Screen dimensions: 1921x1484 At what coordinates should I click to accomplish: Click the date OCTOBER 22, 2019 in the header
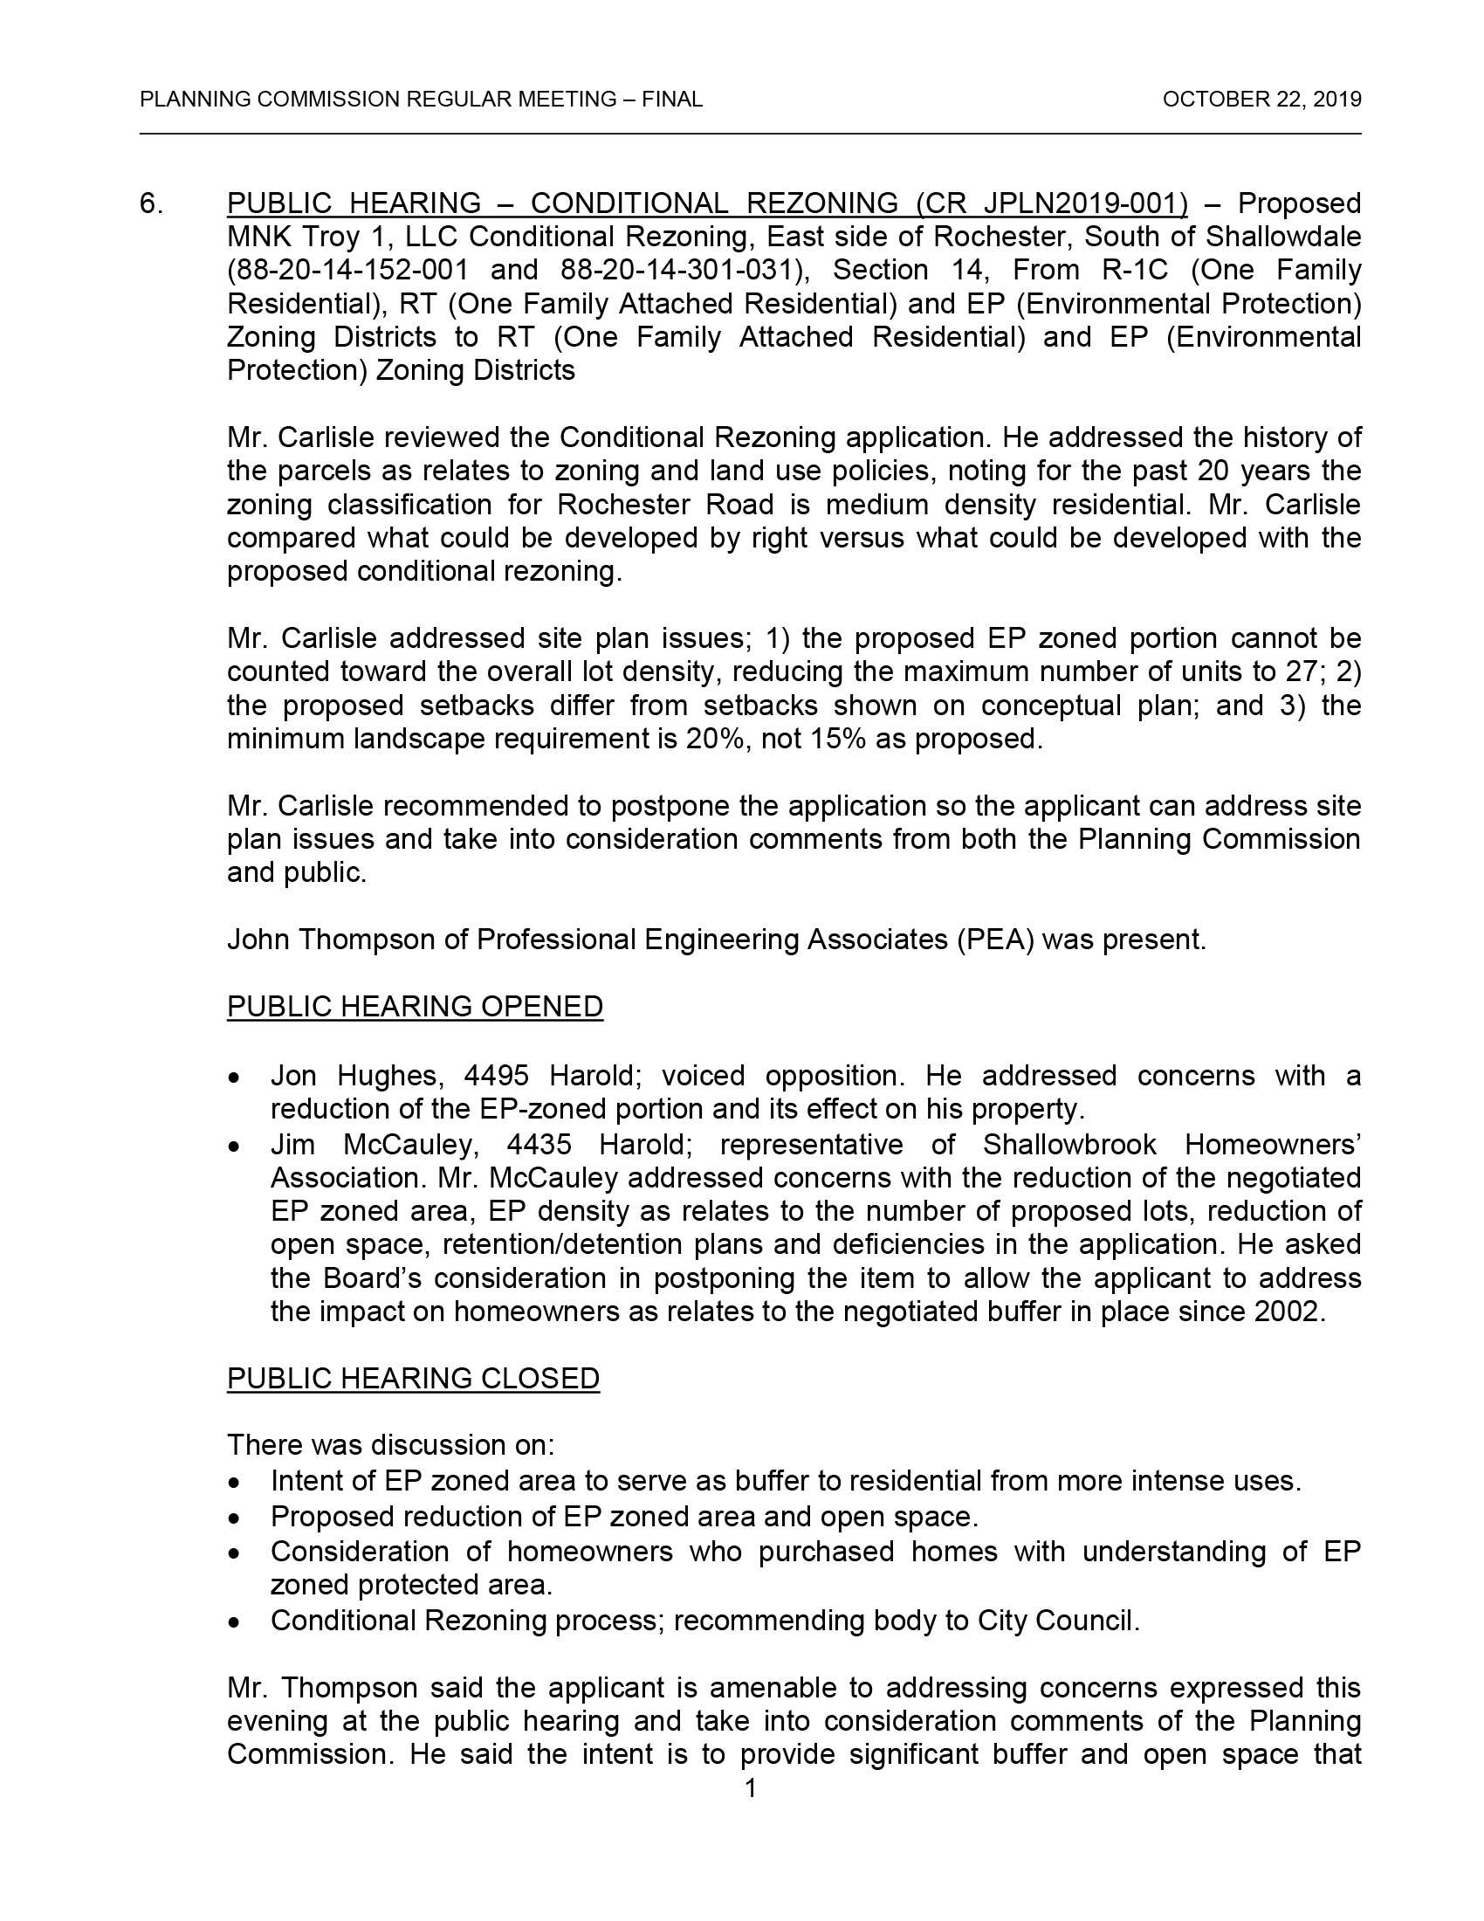(1261, 100)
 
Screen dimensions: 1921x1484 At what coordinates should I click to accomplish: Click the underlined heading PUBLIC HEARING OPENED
(415, 1006)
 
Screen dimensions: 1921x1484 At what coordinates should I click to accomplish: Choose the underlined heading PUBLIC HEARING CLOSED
(413, 1378)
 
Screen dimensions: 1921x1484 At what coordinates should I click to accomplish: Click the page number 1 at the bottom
(750, 1789)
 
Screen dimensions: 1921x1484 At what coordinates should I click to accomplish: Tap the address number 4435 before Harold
(539, 1145)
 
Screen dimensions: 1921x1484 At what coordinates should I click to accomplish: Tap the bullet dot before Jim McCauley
(234, 1146)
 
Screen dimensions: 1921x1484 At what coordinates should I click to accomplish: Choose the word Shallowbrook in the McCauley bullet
(1069, 1145)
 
